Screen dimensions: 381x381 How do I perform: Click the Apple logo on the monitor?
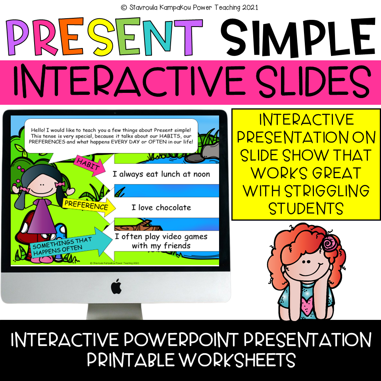(116, 286)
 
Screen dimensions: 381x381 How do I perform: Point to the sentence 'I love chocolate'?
(161, 208)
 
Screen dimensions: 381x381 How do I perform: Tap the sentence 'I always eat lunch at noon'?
(161, 174)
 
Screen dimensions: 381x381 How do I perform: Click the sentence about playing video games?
(161, 241)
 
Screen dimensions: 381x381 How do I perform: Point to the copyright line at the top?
(190, 7)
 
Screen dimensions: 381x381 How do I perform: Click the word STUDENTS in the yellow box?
(306, 208)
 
